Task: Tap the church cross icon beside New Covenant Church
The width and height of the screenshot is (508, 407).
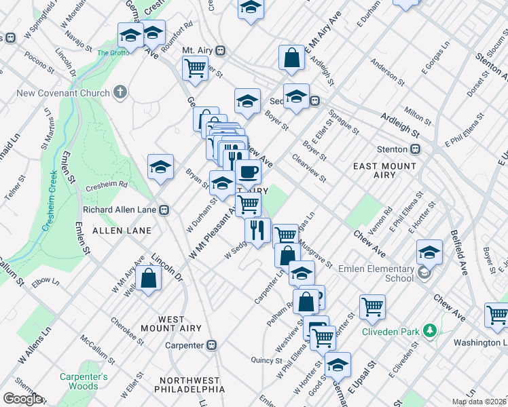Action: coord(121,92)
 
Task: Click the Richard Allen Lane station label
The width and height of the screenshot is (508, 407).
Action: coord(120,210)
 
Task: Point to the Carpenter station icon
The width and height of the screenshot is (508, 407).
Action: coord(211,345)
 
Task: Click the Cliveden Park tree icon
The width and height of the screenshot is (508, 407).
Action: coord(429,330)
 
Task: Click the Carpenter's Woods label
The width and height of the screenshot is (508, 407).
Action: coord(83,381)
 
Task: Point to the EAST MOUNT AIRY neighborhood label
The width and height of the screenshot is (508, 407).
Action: coord(384,170)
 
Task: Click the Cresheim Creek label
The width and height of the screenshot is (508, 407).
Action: coord(54,199)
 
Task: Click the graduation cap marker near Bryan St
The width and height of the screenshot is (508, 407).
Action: coord(160,166)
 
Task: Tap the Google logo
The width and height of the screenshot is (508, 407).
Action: coord(22,399)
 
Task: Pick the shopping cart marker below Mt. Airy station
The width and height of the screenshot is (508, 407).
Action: coord(195,68)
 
